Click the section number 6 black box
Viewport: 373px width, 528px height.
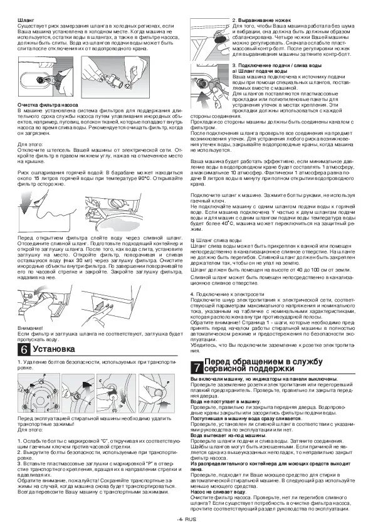[23, 350]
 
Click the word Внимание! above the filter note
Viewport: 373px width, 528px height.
[30, 329]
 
